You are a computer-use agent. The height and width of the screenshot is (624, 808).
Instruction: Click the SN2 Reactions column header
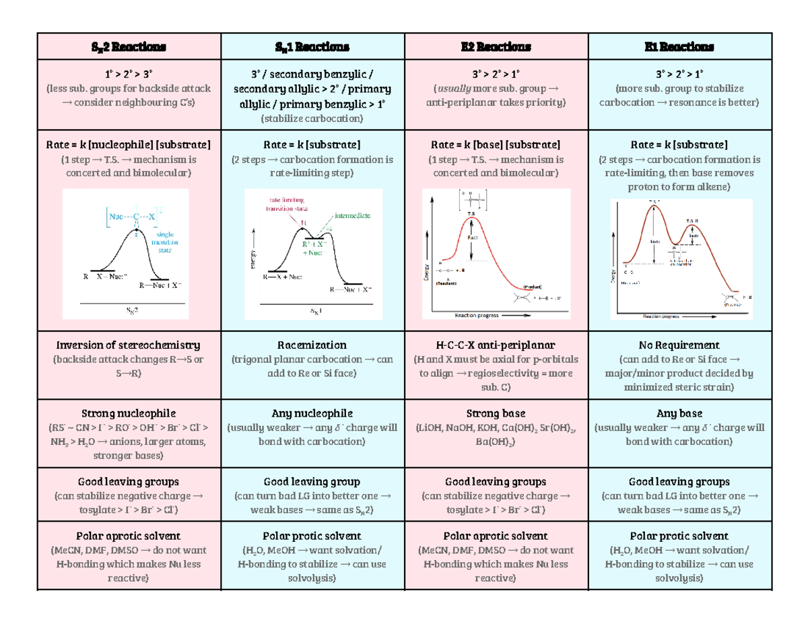(x=128, y=46)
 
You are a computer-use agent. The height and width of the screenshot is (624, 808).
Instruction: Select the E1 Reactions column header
(x=679, y=46)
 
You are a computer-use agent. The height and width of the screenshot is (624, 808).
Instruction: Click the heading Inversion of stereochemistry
(x=128, y=345)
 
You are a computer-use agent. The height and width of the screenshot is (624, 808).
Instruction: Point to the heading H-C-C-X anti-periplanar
(x=496, y=345)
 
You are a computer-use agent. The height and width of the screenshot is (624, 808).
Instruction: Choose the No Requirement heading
(x=679, y=345)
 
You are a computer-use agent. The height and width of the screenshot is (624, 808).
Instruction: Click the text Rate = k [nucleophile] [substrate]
(x=128, y=144)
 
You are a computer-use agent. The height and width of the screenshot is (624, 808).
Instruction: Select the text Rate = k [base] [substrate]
(x=496, y=144)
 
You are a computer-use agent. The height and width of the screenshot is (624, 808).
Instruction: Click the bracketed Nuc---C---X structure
(x=135, y=217)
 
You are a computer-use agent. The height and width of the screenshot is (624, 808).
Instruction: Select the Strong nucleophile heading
(x=128, y=413)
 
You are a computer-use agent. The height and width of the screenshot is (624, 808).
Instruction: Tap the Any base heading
(x=679, y=413)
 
